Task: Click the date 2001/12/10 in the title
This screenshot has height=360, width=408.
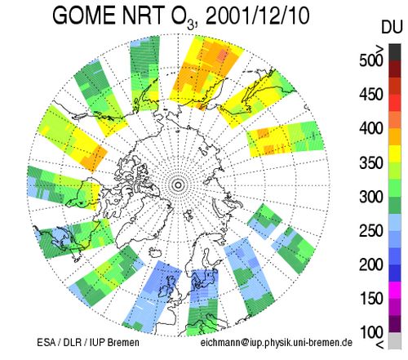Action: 257,16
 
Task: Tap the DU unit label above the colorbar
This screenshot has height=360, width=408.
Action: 392,28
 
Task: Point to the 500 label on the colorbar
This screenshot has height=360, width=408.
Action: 371,60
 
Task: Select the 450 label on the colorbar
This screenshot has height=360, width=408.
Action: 371,95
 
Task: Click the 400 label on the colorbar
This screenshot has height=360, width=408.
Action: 371,128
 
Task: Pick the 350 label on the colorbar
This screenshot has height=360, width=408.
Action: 371,162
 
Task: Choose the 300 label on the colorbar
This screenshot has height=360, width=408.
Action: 371,197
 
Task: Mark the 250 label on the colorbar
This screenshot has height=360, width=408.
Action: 371,231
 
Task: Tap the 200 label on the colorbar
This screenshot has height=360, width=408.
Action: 371,264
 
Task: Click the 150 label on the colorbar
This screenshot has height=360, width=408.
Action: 371,299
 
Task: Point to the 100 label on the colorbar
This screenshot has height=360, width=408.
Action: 371,332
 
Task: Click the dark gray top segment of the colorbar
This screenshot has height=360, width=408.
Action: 395,52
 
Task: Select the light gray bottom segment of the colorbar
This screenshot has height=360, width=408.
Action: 395,340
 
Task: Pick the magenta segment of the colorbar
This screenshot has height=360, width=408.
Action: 395,290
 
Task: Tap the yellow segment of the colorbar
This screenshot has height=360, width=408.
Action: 395,154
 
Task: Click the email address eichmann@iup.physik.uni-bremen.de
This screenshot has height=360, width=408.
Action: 277,343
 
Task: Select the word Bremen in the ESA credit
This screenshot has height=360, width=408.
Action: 123,342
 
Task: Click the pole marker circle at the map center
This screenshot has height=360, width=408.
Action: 179,185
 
